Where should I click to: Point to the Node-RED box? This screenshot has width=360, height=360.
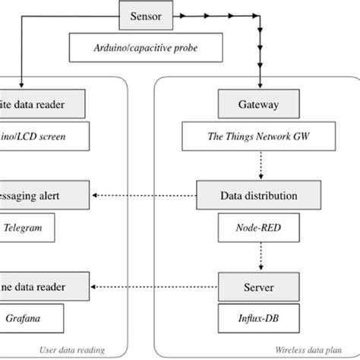pos(259,226)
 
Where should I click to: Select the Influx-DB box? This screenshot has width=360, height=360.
pos(259,317)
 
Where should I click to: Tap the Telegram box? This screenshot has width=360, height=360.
pos(27,226)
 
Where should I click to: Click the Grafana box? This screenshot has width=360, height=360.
pos(27,317)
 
